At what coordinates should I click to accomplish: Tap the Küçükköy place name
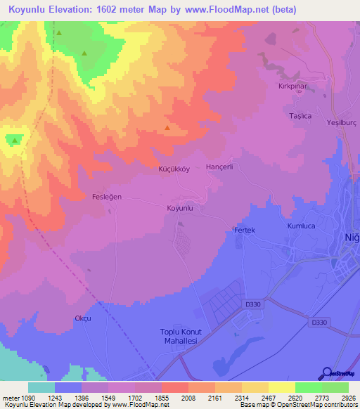[174, 169]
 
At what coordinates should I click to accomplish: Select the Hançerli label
[219, 167]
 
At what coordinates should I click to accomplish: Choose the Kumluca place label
[303, 227]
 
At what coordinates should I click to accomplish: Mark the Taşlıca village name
[300, 115]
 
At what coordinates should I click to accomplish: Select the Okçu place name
[83, 318]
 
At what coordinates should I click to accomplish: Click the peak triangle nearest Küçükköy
[167, 127]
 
